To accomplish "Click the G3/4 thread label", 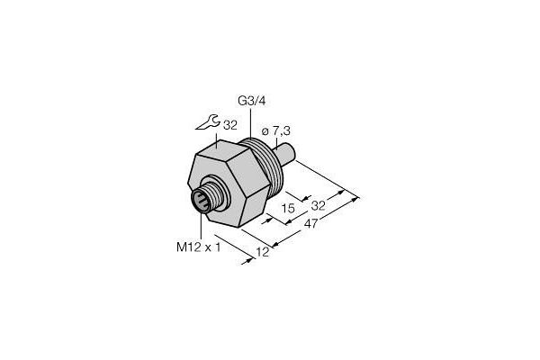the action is [x=252, y=102].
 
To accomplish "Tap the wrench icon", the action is [x=206, y=122].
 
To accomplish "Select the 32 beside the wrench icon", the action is [x=230, y=125].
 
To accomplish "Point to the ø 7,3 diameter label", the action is [x=276, y=130].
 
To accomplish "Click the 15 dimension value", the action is [x=288, y=208].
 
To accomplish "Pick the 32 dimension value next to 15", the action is [x=318, y=206].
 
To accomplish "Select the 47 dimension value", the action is [x=311, y=224].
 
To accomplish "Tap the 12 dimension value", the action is [x=263, y=253].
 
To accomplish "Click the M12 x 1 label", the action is [x=198, y=247].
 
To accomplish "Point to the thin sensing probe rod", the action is [x=284, y=154].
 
